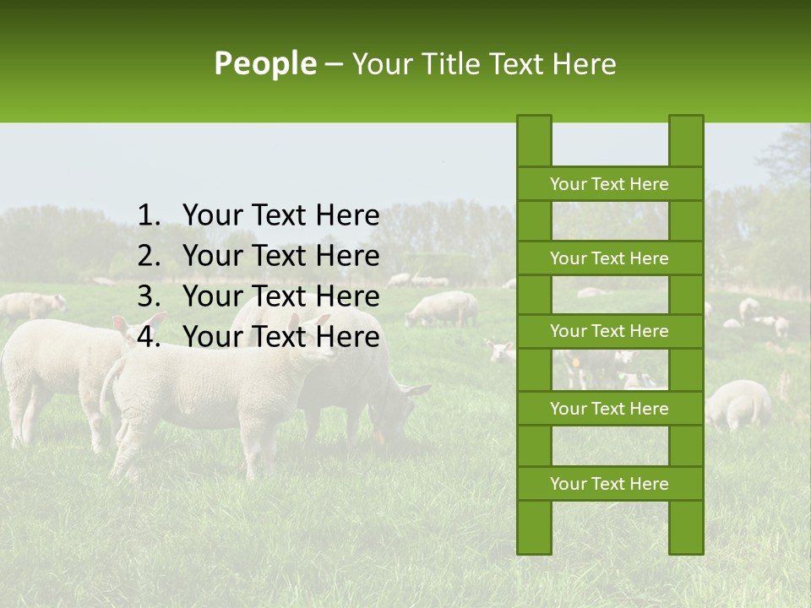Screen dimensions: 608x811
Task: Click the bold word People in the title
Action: (x=265, y=63)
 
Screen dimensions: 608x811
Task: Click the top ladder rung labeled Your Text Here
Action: (x=609, y=184)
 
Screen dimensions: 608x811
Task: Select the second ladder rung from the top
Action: (x=609, y=258)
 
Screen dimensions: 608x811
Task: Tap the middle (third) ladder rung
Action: (x=609, y=331)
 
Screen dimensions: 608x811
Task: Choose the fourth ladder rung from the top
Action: (x=609, y=409)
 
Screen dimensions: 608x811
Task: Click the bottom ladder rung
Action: (x=609, y=484)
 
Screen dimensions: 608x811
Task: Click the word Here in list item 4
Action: (x=346, y=337)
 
